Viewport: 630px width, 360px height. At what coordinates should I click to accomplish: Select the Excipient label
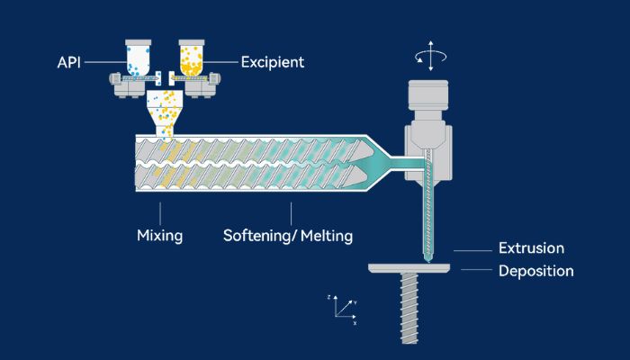(x=273, y=62)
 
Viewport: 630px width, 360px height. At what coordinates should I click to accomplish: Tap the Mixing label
(x=160, y=236)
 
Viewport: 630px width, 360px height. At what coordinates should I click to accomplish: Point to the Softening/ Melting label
(x=288, y=236)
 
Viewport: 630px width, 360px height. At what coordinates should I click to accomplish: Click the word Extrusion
(x=531, y=248)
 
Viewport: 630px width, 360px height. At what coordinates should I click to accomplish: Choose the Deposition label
(x=536, y=270)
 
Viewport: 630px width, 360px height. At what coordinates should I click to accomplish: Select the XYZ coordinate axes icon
(x=343, y=308)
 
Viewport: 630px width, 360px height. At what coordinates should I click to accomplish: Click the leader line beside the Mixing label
(x=160, y=214)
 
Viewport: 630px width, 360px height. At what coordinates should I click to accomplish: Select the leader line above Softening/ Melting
(x=291, y=214)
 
